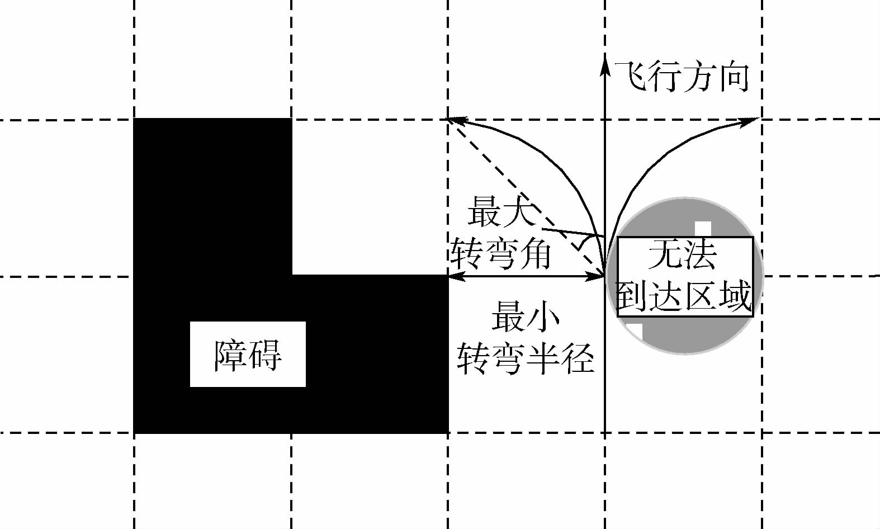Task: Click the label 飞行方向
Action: pos(682,77)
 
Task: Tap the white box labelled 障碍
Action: pos(248,354)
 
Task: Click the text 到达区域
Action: pos(683,295)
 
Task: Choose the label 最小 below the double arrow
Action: pos(526,317)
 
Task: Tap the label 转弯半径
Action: pos(526,357)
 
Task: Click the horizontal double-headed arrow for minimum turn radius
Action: pos(526,276)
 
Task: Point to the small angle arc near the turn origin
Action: pos(585,242)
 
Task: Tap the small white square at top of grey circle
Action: pos(703,229)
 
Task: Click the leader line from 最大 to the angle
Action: pos(570,232)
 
